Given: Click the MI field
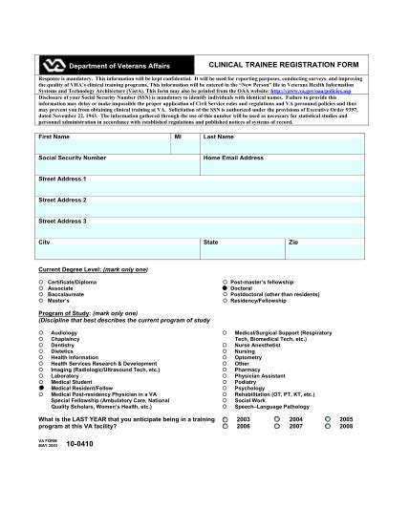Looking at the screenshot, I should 184,145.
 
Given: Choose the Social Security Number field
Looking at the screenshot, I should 116,166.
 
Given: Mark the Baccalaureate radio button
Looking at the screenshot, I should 41,295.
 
